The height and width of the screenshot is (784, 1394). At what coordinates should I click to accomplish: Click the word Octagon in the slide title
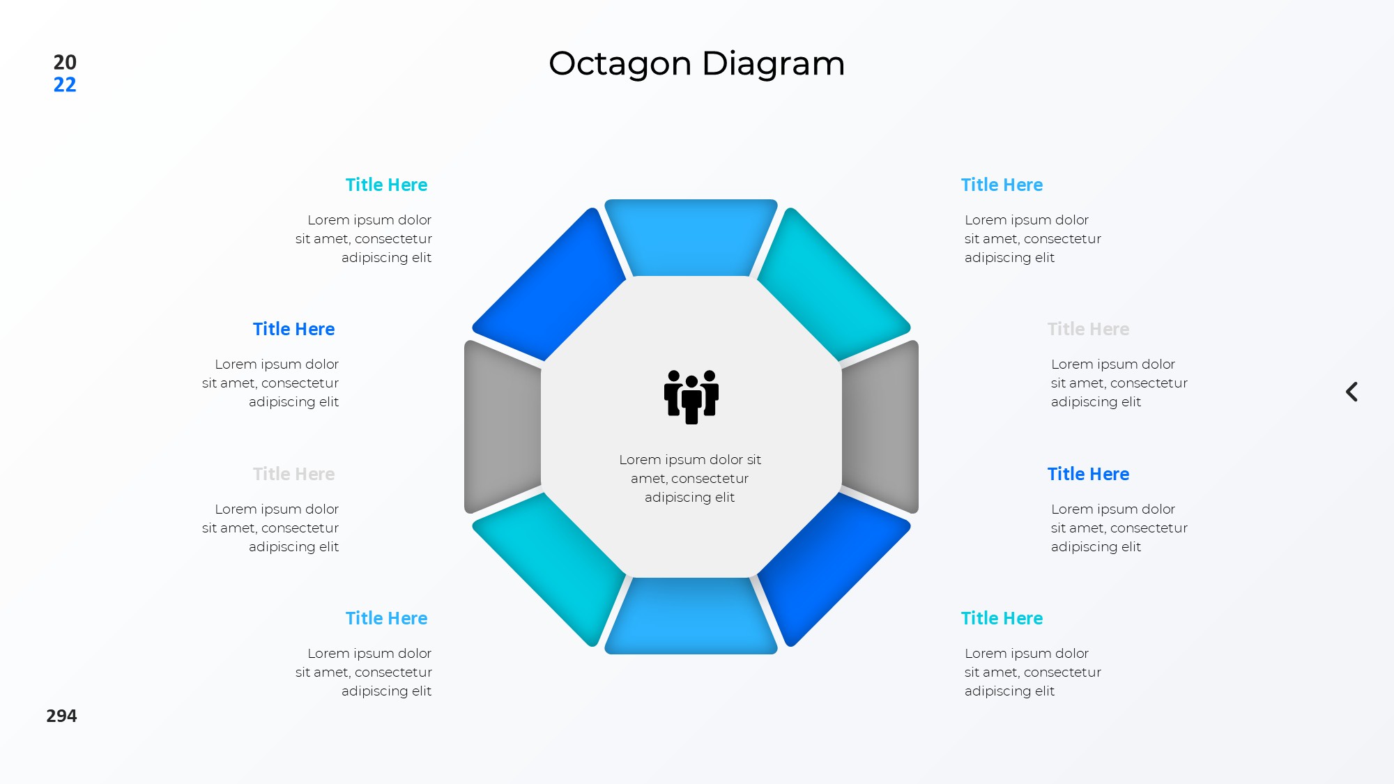[620, 64]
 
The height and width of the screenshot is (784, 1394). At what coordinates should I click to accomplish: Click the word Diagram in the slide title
[774, 64]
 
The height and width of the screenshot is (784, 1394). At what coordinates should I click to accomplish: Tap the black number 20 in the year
[65, 62]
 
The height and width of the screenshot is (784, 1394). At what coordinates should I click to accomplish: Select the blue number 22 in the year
[65, 84]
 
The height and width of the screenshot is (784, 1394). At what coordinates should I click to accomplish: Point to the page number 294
[61, 716]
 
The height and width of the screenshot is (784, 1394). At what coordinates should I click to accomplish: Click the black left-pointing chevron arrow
[1351, 392]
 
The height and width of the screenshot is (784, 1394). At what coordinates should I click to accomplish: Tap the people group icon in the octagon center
[691, 397]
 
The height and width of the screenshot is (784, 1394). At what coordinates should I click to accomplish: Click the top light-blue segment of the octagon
[691, 237]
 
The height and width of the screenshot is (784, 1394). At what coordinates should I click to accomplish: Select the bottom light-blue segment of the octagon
[691, 616]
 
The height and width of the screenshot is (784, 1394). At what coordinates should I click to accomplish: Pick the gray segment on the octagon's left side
[503, 426]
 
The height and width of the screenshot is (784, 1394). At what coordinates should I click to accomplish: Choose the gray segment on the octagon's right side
[880, 426]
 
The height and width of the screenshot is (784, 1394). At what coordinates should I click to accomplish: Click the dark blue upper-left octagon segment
[551, 286]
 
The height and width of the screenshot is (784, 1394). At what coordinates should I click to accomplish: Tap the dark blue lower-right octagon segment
[832, 568]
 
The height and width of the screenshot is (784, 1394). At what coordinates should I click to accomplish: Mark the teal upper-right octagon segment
[832, 286]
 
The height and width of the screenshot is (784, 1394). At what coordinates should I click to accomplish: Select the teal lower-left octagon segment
[551, 568]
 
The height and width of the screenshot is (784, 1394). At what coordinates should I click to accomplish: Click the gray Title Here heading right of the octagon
[1088, 329]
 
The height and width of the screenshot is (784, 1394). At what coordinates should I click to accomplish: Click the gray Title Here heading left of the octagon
[293, 474]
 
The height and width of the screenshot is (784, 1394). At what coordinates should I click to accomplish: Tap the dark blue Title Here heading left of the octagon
[293, 329]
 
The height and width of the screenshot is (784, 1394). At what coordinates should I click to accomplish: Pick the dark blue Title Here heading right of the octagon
[1088, 474]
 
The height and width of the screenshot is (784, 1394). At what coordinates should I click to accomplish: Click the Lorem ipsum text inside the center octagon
[690, 478]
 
